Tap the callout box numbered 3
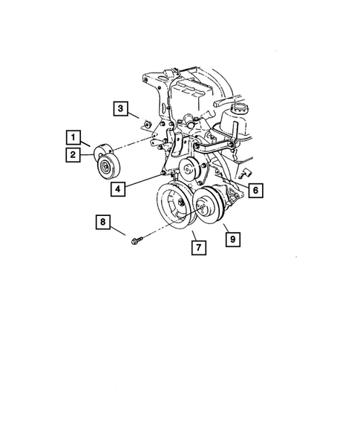click(x=120, y=110)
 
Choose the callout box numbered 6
click(x=254, y=191)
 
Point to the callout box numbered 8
click(x=104, y=221)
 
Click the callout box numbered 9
click(x=232, y=239)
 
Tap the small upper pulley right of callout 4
click(x=192, y=171)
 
